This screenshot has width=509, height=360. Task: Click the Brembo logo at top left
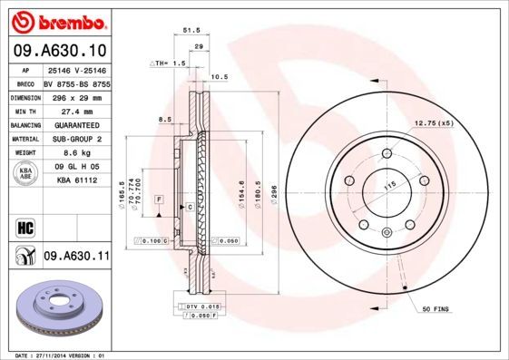(x=56, y=20)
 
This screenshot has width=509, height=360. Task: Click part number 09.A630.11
(x=76, y=258)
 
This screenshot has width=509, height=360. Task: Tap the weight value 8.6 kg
(x=72, y=154)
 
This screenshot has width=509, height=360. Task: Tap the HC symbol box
(x=24, y=226)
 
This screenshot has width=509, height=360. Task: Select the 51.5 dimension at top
(x=191, y=30)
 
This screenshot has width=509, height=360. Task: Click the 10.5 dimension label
(x=219, y=77)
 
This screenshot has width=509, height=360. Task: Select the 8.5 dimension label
(x=165, y=119)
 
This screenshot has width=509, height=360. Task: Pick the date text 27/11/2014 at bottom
(x=62, y=355)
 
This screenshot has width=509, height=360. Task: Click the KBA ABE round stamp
(x=24, y=172)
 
